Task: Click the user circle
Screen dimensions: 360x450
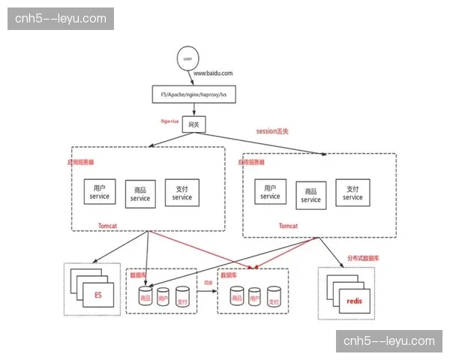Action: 187,58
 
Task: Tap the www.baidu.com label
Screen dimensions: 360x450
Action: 214,73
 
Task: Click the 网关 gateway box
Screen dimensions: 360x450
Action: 193,124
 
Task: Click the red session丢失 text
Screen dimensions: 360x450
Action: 273,131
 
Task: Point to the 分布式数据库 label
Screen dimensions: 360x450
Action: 364,257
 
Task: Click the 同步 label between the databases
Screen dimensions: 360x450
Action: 208,283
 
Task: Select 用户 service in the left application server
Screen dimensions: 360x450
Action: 100,191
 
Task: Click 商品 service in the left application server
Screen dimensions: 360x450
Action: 140,194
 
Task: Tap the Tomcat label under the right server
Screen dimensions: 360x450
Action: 288,225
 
